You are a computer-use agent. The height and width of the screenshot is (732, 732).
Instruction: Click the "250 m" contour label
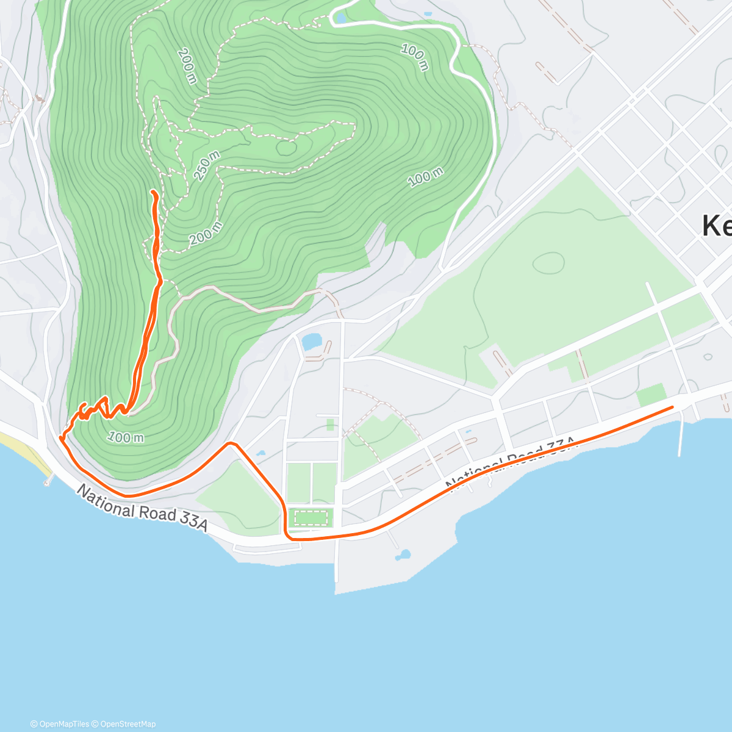pyautogui.click(x=207, y=166)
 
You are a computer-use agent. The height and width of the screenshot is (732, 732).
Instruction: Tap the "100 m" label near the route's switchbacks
pyautogui.click(x=126, y=437)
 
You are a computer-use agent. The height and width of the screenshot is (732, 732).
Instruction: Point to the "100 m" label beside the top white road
pyautogui.click(x=415, y=57)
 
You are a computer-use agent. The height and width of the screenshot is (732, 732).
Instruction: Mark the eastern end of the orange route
pyautogui.click(x=672, y=406)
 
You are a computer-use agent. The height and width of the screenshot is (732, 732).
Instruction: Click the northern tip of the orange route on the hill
pyautogui.click(x=152, y=192)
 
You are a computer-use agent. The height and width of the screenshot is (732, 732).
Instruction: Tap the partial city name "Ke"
pyautogui.click(x=716, y=226)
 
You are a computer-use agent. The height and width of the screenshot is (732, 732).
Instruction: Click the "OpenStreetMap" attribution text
pyautogui.click(x=128, y=724)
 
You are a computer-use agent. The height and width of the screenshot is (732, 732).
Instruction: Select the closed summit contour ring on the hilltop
pyautogui.click(x=285, y=146)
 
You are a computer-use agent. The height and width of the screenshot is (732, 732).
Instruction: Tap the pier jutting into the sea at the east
pyautogui.click(x=681, y=439)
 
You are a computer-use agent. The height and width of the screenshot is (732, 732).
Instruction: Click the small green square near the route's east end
pyautogui.click(x=651, y=395)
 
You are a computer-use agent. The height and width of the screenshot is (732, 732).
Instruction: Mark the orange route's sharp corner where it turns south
pyautogui.click(x=231, y=443)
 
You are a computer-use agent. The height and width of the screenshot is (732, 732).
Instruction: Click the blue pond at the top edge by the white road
pyautogui.click(x=340, y=18)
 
